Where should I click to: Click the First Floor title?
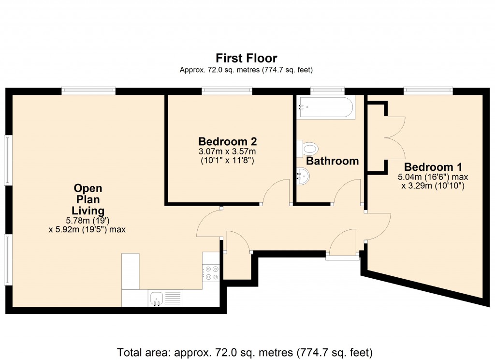pos(247,59)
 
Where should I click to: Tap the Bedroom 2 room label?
pos(227,142)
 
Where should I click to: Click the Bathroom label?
pos(333,161)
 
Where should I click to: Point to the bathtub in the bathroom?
pos(326,107)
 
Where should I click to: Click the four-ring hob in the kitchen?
pos(211,273)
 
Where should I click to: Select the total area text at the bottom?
pos(245,351)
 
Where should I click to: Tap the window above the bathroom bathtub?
pos(327,90)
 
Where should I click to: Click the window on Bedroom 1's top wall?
pos(428,90)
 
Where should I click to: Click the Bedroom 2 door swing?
pos(276,191)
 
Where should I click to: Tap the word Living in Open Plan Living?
pos(88,210)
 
